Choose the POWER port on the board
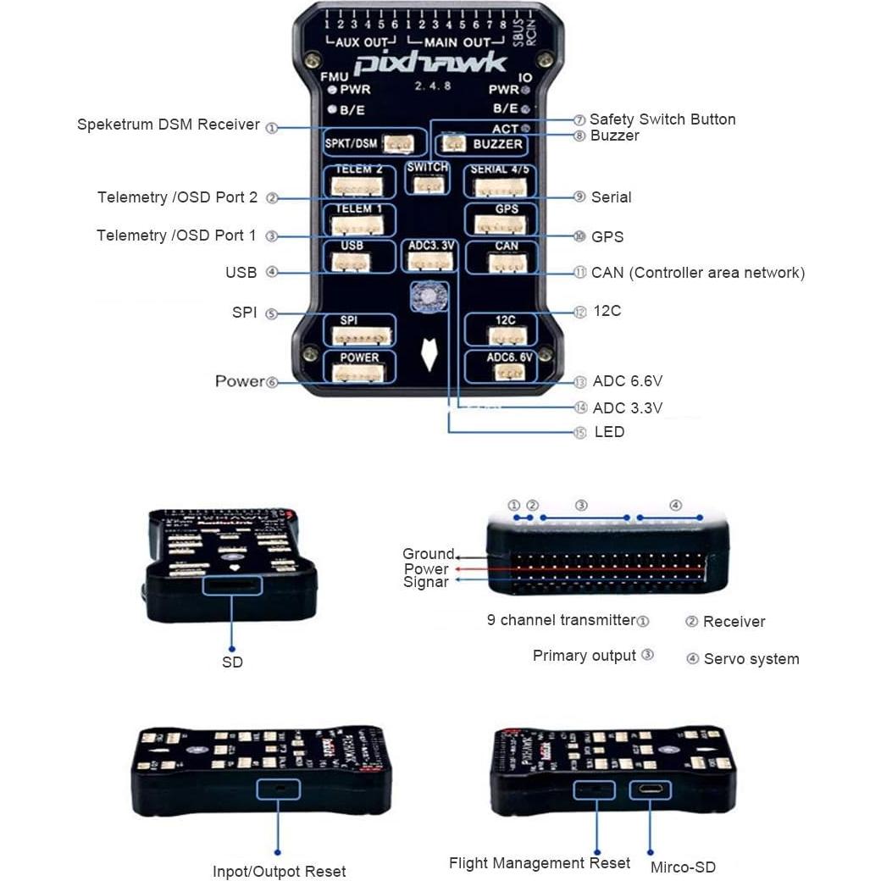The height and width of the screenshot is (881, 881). click(359, 369)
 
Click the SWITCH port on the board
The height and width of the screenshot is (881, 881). click(428, 177)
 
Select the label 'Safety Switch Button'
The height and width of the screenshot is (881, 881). click(662, 119)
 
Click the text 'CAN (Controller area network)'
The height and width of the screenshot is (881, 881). click(697, 273)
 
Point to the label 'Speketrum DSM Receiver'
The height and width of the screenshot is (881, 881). click(169, 125)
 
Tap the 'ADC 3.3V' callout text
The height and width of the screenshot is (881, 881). click(627, 408)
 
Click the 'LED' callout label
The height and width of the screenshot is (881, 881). click(609, 432)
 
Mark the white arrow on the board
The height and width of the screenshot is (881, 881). click(431, 356)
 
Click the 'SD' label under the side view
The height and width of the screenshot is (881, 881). click(232, 662)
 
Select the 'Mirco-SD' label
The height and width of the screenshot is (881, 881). click(683, 867)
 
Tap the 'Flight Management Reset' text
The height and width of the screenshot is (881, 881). click(540, 863)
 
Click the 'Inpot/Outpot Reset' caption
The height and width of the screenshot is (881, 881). click(279, 872)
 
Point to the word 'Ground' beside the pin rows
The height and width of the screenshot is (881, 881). click(428, 554)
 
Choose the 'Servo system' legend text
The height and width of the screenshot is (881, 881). click(751, 659)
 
